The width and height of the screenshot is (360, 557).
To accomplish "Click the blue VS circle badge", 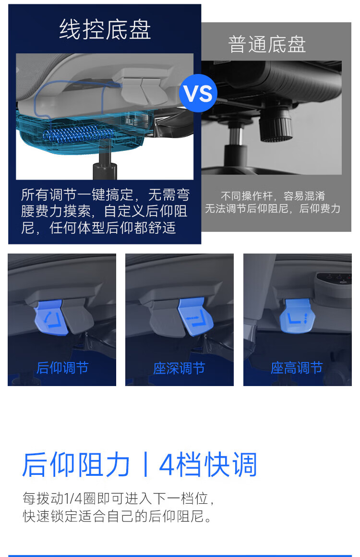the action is coord(198,93).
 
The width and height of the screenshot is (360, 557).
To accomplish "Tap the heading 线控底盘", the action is coord(105,29).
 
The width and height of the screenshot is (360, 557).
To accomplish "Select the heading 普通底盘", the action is coord(267,44).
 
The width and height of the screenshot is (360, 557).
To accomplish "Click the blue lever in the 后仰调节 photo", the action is coord(51,317).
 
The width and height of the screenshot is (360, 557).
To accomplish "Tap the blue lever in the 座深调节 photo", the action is coord(195,316).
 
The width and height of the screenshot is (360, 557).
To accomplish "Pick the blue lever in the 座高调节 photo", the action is coord(297,315).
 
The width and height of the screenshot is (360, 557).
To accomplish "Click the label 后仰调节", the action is coord(62,368).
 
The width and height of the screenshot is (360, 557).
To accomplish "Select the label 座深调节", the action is coord(180,368).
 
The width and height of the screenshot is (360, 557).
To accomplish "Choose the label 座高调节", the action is coord(297,368).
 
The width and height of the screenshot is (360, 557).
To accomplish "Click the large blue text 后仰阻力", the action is coord(76,465).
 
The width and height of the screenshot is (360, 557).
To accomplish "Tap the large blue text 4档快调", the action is coord(208,465).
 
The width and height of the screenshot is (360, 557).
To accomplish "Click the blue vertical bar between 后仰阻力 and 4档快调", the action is coord(145,465).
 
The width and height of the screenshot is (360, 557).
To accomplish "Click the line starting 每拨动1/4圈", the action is coord(119,498).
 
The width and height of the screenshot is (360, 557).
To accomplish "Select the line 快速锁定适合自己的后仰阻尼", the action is coord(117,516).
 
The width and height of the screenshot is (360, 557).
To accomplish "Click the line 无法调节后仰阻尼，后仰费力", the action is coord(273,208).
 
